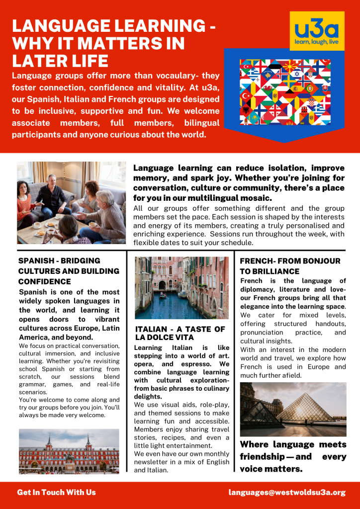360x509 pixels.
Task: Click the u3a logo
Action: pos(317,31)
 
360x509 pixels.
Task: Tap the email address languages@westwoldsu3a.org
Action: pos(287,493)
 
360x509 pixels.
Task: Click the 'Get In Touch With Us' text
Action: pos(56,493)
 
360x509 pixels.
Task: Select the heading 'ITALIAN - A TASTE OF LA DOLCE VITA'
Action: pos(180,333)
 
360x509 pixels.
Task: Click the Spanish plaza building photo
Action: pos(69,451)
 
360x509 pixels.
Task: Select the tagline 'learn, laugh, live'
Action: pos(317,42)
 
